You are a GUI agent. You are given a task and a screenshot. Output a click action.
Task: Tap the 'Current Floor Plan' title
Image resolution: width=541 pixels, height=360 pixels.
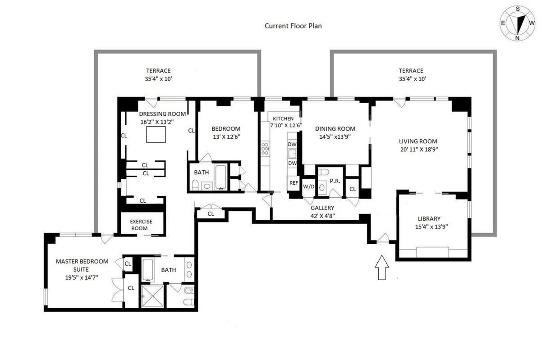[x=293, y=26]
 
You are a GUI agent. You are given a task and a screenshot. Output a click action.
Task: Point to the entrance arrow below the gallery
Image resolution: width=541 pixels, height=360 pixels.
[x=382, y=267]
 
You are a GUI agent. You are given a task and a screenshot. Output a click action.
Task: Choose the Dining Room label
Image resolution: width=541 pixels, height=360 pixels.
[x=335, y=129]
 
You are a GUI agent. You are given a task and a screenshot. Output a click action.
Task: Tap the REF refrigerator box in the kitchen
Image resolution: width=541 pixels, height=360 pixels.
[x=293, y=183]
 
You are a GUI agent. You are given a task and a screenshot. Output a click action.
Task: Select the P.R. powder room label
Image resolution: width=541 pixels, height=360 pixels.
[x=335, y=180]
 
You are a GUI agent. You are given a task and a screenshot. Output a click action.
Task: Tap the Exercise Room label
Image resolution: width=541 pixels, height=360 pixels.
[x=141, y=225]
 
